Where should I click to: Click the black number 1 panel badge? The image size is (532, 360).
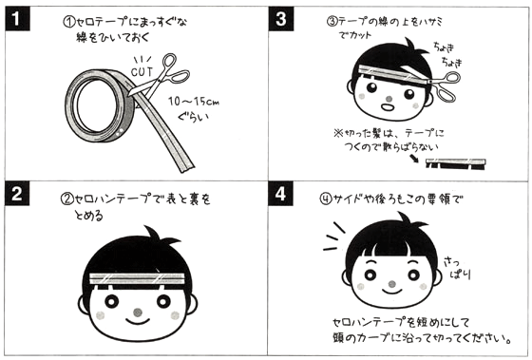17,19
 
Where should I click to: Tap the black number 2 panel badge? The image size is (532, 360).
17,194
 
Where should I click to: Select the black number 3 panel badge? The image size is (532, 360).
281,19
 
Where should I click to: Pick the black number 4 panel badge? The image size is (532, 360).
280,194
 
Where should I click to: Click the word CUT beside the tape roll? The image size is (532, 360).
142,71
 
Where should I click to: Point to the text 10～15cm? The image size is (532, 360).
194,101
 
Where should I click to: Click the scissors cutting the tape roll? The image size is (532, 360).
158,79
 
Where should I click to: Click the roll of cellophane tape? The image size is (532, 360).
101,105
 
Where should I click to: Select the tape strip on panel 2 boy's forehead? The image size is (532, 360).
138,278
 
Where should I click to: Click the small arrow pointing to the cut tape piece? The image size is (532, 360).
414,159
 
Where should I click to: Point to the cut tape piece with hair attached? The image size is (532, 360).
455,163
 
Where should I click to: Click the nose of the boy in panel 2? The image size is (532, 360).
138,313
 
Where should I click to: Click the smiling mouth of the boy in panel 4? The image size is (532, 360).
391,291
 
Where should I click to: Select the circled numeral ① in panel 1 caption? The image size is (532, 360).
68,22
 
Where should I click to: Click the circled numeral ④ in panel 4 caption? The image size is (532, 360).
326,199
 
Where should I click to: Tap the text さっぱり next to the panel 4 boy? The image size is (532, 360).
457,268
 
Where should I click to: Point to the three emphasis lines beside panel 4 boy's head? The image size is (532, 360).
333,237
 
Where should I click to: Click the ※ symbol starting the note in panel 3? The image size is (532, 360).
338,133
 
